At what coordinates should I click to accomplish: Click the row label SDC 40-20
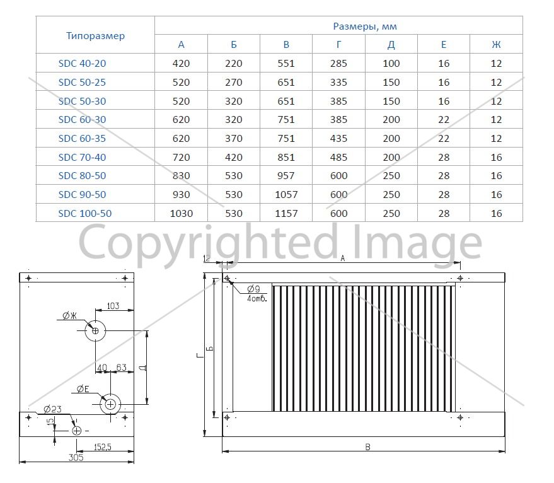coord(82,64)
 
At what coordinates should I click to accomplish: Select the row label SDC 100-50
coord(85,214)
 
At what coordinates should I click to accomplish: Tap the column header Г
coord(339,45)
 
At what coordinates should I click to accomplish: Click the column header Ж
coord(496,45)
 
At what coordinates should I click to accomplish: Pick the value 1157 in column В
coord(286,214)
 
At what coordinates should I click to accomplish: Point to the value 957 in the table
coord(286,176)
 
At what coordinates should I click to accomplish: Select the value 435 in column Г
coord(338,138)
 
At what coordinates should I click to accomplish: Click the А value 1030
coord(182,214)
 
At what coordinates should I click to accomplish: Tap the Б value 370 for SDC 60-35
coord(234,138)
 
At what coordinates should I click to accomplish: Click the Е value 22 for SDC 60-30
coord(444,120)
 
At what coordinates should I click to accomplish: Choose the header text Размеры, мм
coord(365,26)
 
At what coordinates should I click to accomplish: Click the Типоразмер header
coord(95,36)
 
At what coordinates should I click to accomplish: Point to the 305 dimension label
coord(76,457)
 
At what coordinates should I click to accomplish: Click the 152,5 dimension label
coord(103,447)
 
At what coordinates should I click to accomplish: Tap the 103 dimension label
coord(113,306)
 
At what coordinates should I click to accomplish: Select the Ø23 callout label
coord(52,409)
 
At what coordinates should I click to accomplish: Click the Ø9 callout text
coord(253,289)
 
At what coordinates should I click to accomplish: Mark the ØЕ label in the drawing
coord(83,389)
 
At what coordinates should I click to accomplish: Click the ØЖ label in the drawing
coord(69,316)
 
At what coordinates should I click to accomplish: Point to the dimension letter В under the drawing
coord(367,447)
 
